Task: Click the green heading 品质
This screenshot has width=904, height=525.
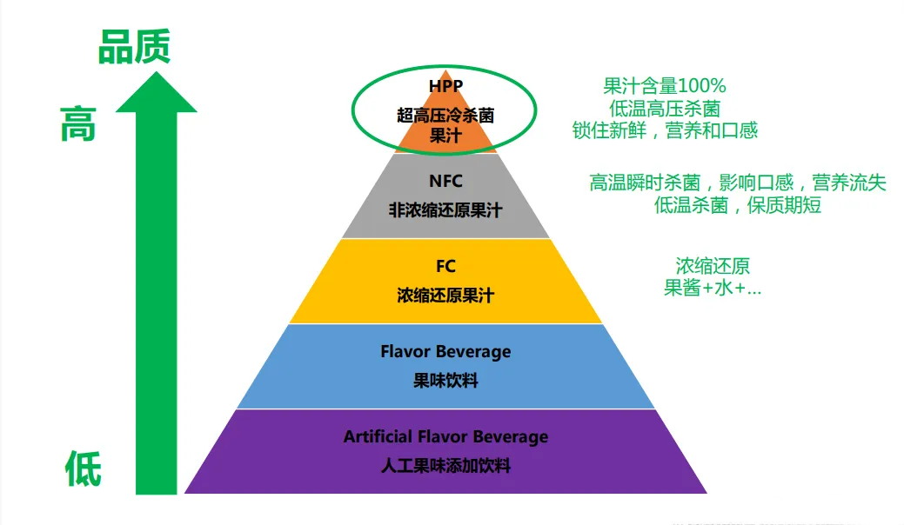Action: pyautogui.click(x=134, y=47)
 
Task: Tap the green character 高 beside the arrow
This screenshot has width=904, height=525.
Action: pyautogui.click(x=77, y=123)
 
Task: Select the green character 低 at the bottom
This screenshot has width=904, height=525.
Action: pyautogui.click(x=83, y=469)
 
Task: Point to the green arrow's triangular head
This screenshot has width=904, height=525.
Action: pyautogui.click(x=157, y=91)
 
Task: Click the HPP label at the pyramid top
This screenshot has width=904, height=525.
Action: pyautogui.click(x=445, y=86)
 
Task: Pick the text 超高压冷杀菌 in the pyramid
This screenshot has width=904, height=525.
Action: pyautogui.click(x=445, y=116)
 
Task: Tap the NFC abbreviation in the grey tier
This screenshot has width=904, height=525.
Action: pyautogui.click(x=445, y=181)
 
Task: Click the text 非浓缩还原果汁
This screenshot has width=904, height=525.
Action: pyautogui.click(x=445, y=210)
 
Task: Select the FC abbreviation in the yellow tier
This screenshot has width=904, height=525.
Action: pyautogui.click(x=445, y=266)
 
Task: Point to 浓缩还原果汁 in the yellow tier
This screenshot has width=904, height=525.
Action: pyautogui.click(x=445, y=296)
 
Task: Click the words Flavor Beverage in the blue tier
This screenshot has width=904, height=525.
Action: pyautogui.click(x=445, y=351)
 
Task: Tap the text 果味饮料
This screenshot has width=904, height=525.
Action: pyautogui.click(x=445, y=381)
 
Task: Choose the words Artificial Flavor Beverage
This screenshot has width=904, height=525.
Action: pyautogui.click(x=445, y=436)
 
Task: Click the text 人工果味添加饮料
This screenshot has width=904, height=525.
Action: pyautogui.click(x=445, y=465)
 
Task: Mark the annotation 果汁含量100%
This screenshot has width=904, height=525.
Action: pyautogui.click(x=664, y=86)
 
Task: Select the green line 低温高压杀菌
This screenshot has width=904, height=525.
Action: pyautogui.click(x=665, y=109)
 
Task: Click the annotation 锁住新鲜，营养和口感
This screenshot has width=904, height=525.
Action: pyautogui.click(x=665, y=130)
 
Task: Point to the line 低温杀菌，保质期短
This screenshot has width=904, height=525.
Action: pyautogui.click(x=738, y=205)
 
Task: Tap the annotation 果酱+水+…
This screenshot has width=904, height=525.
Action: pyautogui.click(x=713, y=287)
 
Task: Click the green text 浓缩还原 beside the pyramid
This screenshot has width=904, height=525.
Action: pyautogui.click(x=713, y=266)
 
